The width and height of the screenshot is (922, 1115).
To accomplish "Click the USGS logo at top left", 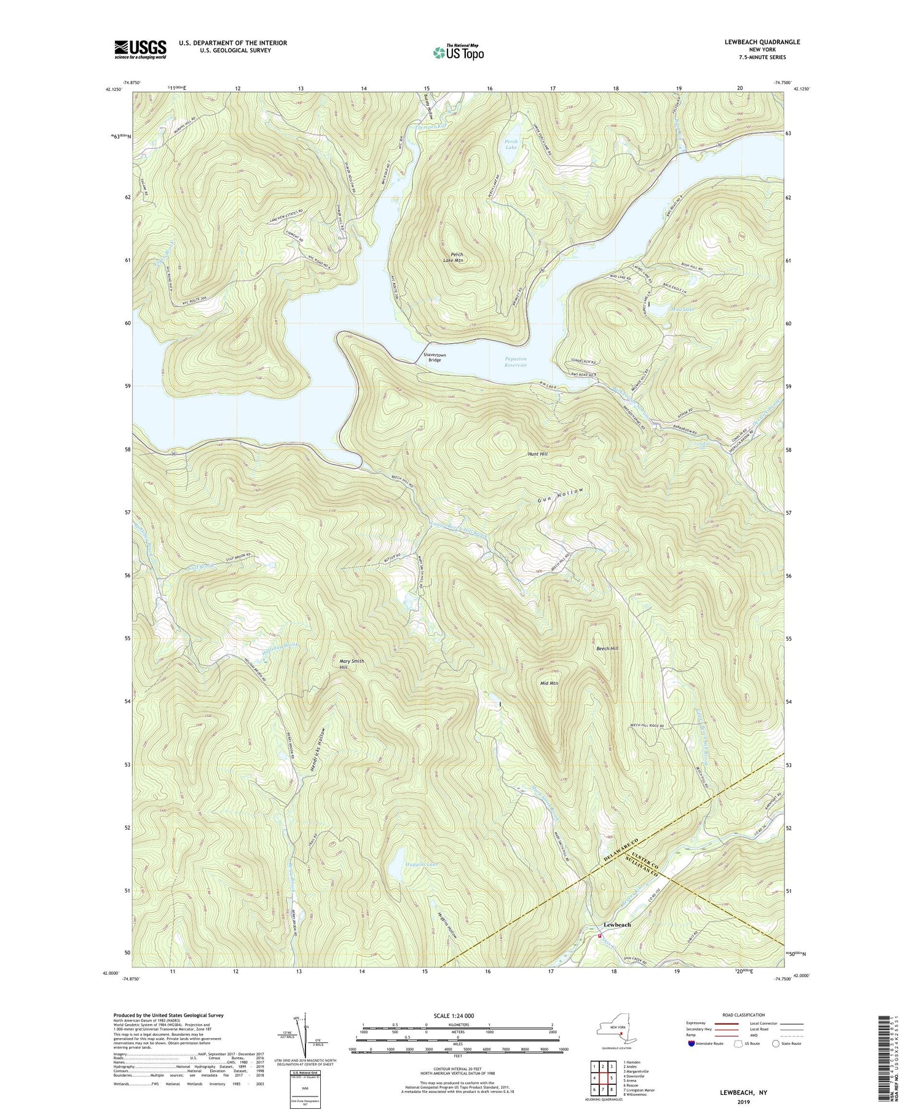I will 140,49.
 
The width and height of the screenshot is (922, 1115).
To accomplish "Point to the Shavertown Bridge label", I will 434,357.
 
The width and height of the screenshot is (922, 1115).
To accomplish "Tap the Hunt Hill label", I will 537,454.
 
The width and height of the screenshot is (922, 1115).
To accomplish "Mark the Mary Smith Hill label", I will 352,664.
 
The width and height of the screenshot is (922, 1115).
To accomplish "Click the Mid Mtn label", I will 549,683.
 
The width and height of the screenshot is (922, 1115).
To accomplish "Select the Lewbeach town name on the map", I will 617,925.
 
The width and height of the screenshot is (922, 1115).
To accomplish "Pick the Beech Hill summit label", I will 607,649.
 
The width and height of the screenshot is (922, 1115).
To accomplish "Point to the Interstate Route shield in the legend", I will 691,1043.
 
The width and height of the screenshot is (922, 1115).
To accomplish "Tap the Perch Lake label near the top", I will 511,145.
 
